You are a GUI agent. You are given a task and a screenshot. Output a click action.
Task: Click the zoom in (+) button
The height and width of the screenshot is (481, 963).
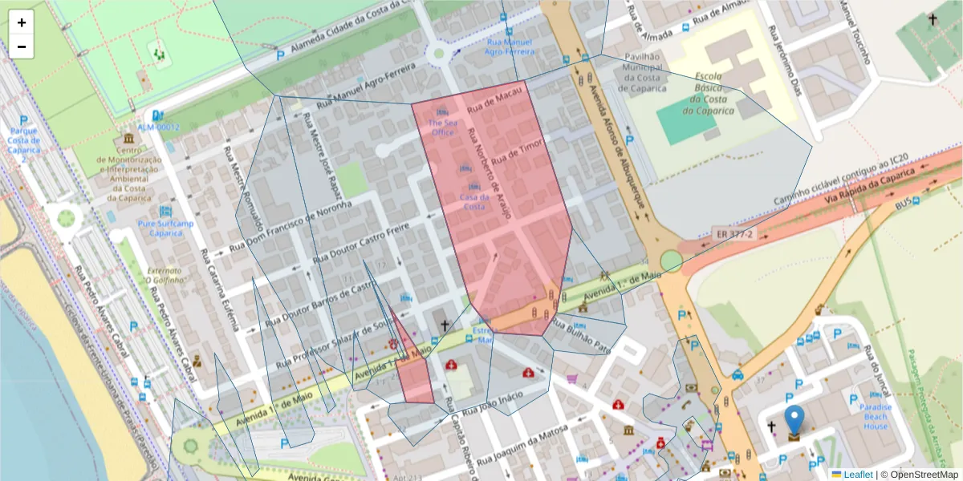click(22, 22)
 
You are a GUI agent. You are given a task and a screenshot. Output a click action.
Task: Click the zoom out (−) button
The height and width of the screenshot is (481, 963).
click(22, 46)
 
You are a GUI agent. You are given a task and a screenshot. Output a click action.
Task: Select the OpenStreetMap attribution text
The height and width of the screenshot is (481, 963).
click(919, 475)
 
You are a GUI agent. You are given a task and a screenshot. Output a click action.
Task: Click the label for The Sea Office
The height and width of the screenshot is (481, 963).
click(443, 127)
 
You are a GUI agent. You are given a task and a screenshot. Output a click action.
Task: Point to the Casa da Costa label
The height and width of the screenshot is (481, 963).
click(473, 201)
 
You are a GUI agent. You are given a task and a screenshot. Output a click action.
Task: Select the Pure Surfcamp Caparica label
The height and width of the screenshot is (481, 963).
click(165, 228)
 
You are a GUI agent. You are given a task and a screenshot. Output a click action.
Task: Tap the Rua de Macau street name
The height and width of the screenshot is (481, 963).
click(495, 100)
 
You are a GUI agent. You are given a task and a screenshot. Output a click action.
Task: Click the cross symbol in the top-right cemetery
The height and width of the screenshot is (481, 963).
click(933, 18)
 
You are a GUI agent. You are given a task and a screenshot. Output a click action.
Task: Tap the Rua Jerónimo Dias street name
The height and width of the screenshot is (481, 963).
click(786, 59)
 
